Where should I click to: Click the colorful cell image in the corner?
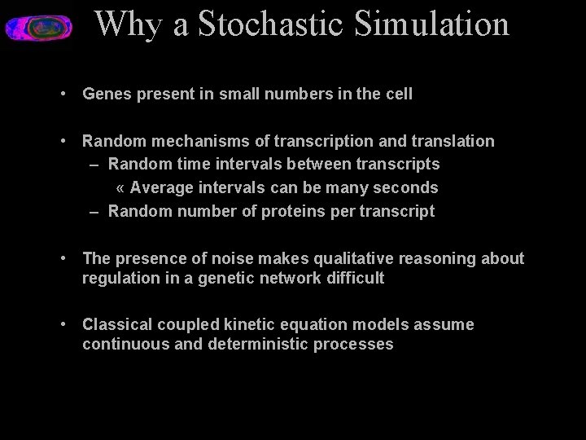click(38, 27)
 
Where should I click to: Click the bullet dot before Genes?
click(63, 94)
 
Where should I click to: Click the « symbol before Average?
click(120, 187)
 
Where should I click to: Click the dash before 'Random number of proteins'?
click(94, 211)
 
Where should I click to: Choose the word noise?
click(233, 258)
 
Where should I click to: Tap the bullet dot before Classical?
click(63, 324)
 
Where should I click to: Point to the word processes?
click(357, 344)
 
